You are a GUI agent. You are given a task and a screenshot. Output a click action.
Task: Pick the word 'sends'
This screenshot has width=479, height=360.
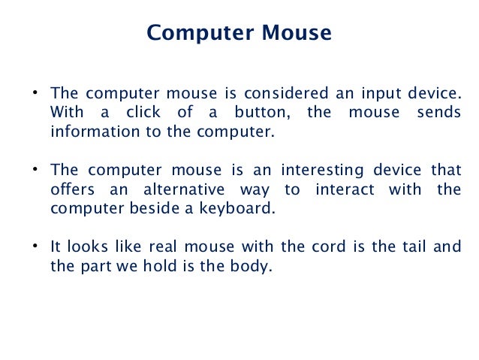click(x=441, y=113)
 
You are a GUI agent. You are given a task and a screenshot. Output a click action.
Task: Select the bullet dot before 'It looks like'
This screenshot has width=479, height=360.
click(x=35, y=246)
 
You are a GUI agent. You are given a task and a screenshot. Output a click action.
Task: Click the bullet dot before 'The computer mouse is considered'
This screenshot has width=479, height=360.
click(x=35, y=94)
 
